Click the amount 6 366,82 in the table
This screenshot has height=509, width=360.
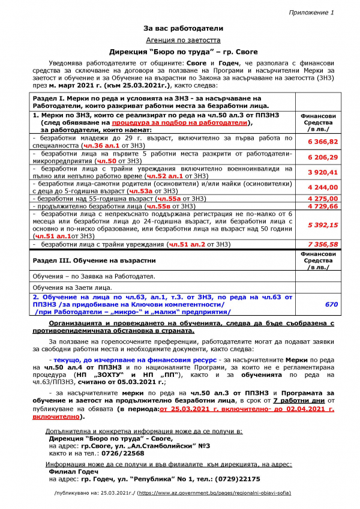[322, 142]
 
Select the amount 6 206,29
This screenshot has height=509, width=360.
[322, 157]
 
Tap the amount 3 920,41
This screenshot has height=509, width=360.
[322, 172]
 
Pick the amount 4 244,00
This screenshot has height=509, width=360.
[322, 186]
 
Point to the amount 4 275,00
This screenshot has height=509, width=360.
[322, 197]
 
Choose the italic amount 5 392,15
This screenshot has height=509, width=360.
[322, 224]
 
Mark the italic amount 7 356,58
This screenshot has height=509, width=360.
[322, 244]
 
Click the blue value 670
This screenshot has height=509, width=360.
[331, 304]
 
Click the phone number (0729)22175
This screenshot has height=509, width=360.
[238, 479]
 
